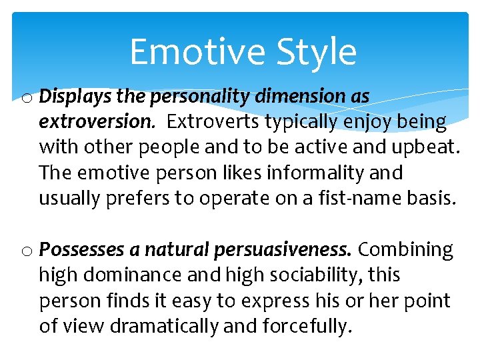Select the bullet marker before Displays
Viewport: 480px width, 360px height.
(27, 98)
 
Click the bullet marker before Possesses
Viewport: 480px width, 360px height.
(27, 251)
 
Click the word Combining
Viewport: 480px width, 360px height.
(406, 250)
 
